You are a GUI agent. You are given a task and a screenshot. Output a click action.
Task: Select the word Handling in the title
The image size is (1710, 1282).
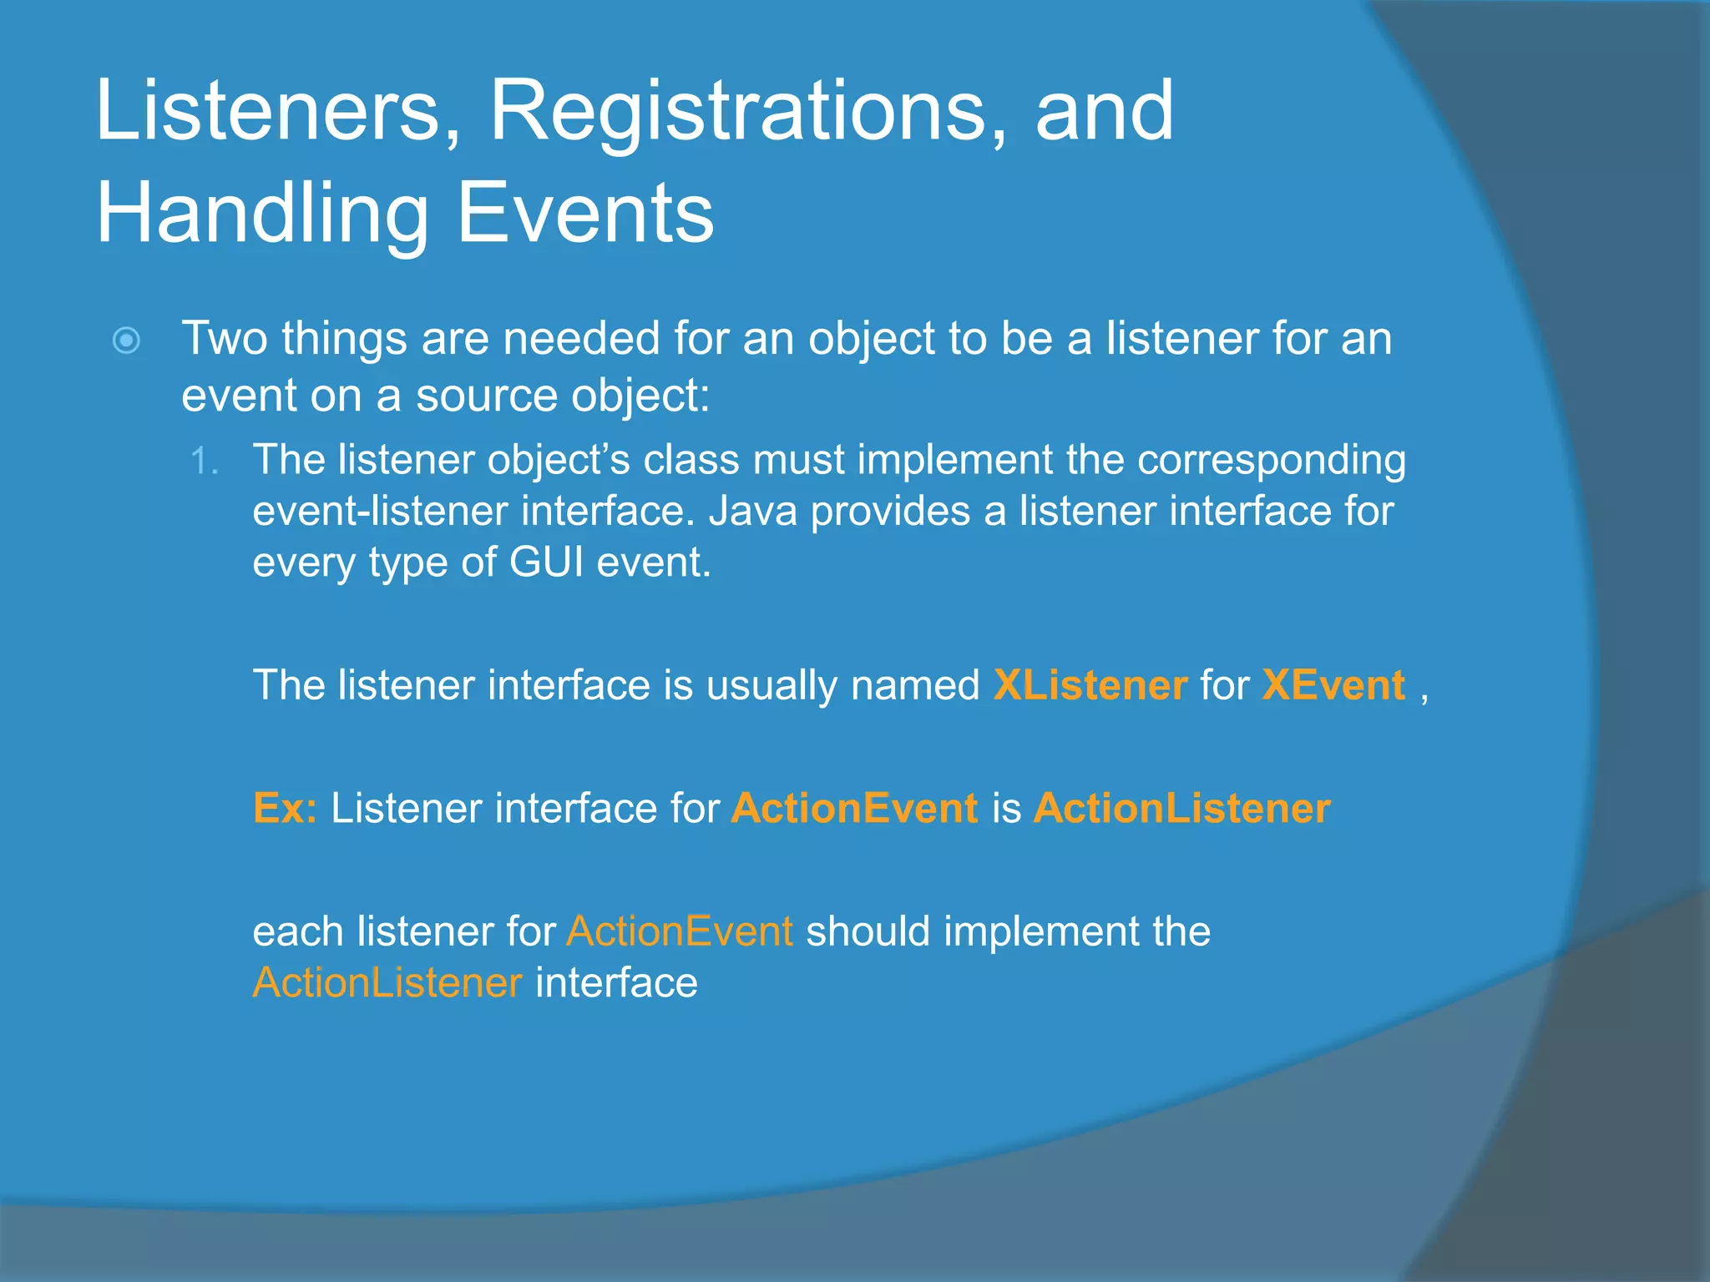(x=262, y=214)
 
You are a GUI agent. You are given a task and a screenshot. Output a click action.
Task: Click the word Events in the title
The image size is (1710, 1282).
(x=585, y=214)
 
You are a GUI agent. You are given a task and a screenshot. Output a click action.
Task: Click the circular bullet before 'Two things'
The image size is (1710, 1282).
(x=126, y=341)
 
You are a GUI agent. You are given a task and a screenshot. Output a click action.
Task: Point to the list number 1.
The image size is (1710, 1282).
(x=204, y=462)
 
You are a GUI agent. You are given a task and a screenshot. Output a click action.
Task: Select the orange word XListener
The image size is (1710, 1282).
(x=1090, y=685)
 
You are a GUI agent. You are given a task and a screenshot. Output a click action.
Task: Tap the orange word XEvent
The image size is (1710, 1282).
(x=1333, y=685)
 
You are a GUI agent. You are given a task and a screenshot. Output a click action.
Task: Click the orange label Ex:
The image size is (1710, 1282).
(x=285, y=808)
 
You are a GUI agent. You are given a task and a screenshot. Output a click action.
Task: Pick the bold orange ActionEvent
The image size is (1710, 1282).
(x=854, y=808)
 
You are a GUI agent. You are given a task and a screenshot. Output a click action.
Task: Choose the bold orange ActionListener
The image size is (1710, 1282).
(x=1181, y=808)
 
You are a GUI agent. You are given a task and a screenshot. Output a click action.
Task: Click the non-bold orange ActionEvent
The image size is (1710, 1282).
(x=680, y=931)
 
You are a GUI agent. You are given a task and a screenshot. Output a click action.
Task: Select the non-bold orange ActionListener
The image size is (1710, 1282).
(x=387, y=982)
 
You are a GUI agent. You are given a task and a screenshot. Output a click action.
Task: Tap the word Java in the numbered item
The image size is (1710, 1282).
(x=753, y=511)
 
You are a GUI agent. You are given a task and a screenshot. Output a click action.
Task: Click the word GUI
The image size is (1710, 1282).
(x=546, y=562)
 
